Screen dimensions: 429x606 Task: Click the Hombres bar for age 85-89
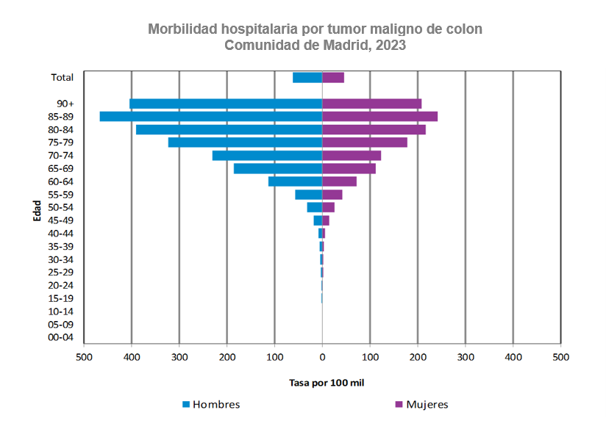pyautogui.click(x=211, y=117)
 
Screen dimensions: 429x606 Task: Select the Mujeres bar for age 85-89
pyautogui.click(x=379, y=117)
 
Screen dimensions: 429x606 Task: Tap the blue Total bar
pyautogui.click(x=307, y=77)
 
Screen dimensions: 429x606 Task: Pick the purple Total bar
pyautogui.click(x=333, y=77)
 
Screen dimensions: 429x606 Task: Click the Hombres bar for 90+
pyautogui.click(x=226, y=104)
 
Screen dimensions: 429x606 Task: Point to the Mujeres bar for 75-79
pyautogui.click(x=365, y=143)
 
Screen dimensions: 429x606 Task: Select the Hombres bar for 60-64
pyautogui.click(x=295, y=181)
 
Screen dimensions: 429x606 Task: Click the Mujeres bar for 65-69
pyautogui.click(x=349, y=169)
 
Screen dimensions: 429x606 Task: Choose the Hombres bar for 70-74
pyautogui.click(x=267, y=156)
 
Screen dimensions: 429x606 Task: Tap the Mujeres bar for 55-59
pyautogui.click(x=332, y=195)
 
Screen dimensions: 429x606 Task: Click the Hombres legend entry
pyautogui.click(x=211, y=405)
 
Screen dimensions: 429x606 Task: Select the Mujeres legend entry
pyautogui.click(x=421, y=405)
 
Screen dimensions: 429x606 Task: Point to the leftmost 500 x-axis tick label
pyautogui.click(x=84, y=357)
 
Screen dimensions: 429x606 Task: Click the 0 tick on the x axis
pyautogui.click(x=322, y=357)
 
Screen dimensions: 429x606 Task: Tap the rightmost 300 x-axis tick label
pyautogui.click(x=466, y=357)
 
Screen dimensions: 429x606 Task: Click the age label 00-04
pyautogui.click(x=60, y=338)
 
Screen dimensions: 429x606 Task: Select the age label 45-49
pyautogui.click(x=60, y=220)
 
